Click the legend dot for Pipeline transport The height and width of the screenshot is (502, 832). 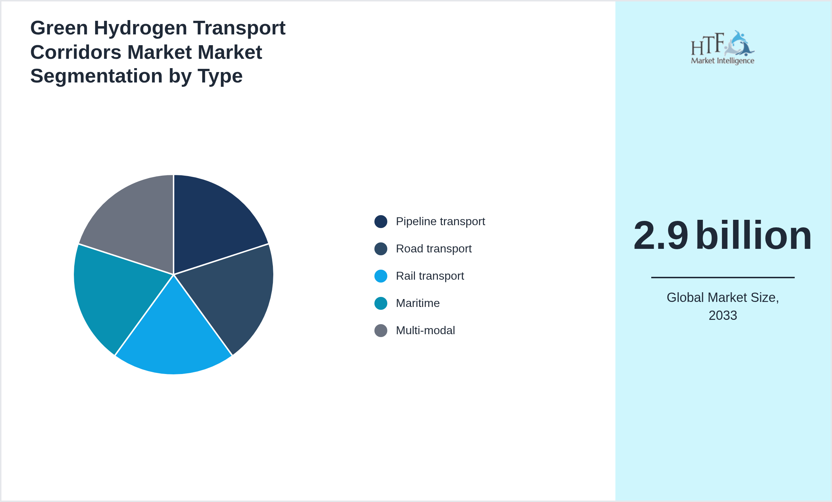point(380,222)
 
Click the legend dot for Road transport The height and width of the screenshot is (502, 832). point(380,249)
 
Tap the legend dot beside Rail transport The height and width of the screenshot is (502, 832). point(380,276)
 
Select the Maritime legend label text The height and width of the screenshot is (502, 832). point(417,303)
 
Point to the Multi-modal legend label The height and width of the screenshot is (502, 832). point(425,331)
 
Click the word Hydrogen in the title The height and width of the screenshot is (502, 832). point(140,28)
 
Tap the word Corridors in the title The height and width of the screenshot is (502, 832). point(76,52)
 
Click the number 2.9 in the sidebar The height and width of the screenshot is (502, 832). point(661,235)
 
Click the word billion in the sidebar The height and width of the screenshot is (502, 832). point(753,235)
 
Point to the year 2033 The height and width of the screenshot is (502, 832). point(723,316)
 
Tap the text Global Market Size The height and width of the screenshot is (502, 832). point(723,298)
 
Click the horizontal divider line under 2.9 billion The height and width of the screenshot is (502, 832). point(723,277)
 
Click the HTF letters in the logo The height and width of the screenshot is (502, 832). point(707,45)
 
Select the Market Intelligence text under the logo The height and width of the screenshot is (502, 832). point(722,61)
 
